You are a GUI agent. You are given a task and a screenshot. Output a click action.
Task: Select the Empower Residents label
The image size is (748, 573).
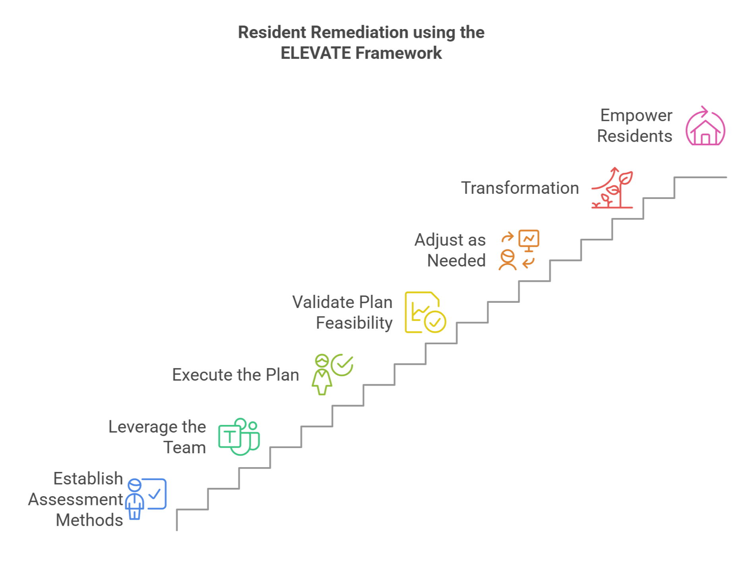coord(635,125)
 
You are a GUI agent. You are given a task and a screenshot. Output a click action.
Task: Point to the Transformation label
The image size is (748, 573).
coord(520,188)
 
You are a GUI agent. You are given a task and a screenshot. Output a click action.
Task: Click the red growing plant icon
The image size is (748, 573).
coord(612,188)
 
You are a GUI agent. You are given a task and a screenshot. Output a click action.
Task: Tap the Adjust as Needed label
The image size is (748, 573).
coord(450,250)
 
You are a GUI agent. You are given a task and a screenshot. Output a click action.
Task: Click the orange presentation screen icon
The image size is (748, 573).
coord(529,240)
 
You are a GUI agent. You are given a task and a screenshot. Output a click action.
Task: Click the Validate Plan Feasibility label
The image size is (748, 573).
coord(343,312)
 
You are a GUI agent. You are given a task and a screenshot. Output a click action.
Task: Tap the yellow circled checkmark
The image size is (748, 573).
coord(435,322)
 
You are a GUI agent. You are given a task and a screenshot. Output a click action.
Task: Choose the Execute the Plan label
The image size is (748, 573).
coord(236,375)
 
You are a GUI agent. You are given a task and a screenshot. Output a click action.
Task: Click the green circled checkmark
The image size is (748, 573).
coord(342,365)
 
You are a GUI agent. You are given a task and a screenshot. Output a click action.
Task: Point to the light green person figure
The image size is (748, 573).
coord(322,375)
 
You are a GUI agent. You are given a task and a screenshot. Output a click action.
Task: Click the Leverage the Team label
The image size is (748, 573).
coord(157,437)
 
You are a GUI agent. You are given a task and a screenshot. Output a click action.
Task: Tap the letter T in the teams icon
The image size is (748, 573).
coord(230,437)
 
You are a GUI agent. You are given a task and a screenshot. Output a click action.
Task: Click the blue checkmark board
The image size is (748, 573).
coord(155,494)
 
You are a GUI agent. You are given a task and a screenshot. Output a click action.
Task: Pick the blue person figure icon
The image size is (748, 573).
coord(135,499)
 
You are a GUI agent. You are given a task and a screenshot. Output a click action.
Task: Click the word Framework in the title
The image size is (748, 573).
coord(399,53)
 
